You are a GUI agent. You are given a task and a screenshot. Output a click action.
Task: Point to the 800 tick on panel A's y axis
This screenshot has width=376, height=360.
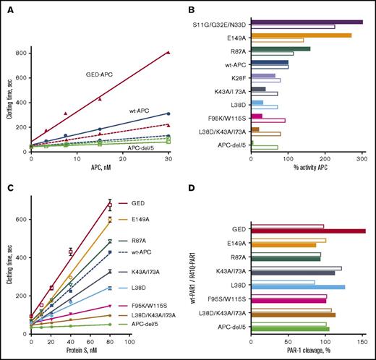tap(24, 53)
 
